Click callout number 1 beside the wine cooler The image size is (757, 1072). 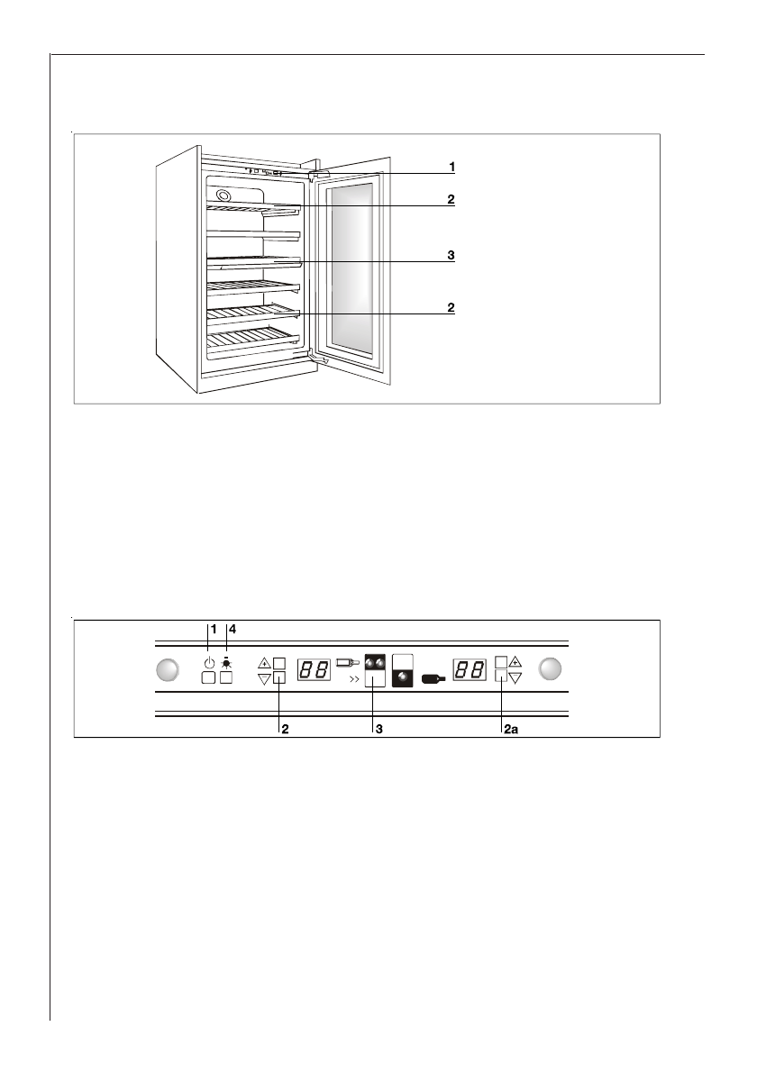(x=452, y=168)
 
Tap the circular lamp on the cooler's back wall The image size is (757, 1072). (x=223, y=196)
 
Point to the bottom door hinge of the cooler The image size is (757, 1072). (x=316, y=357)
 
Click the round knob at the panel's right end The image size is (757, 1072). (x=551, y=669)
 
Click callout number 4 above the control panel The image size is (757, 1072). (x=232, y=628)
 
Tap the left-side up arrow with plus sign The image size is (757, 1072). (x=264, y=662)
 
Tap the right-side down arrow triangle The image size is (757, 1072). (x=515, y=678)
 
